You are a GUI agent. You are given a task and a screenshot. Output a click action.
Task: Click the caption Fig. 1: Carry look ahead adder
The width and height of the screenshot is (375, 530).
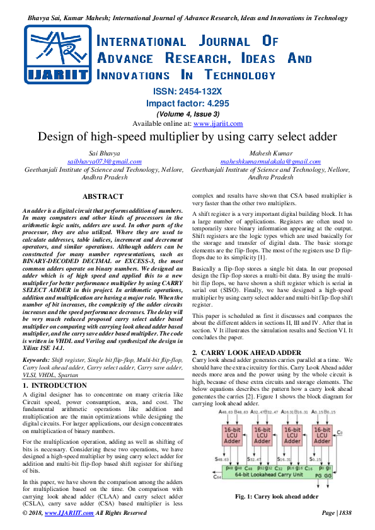[276, 497]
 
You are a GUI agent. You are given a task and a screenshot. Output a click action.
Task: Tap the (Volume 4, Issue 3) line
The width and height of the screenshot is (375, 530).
[187, 114]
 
